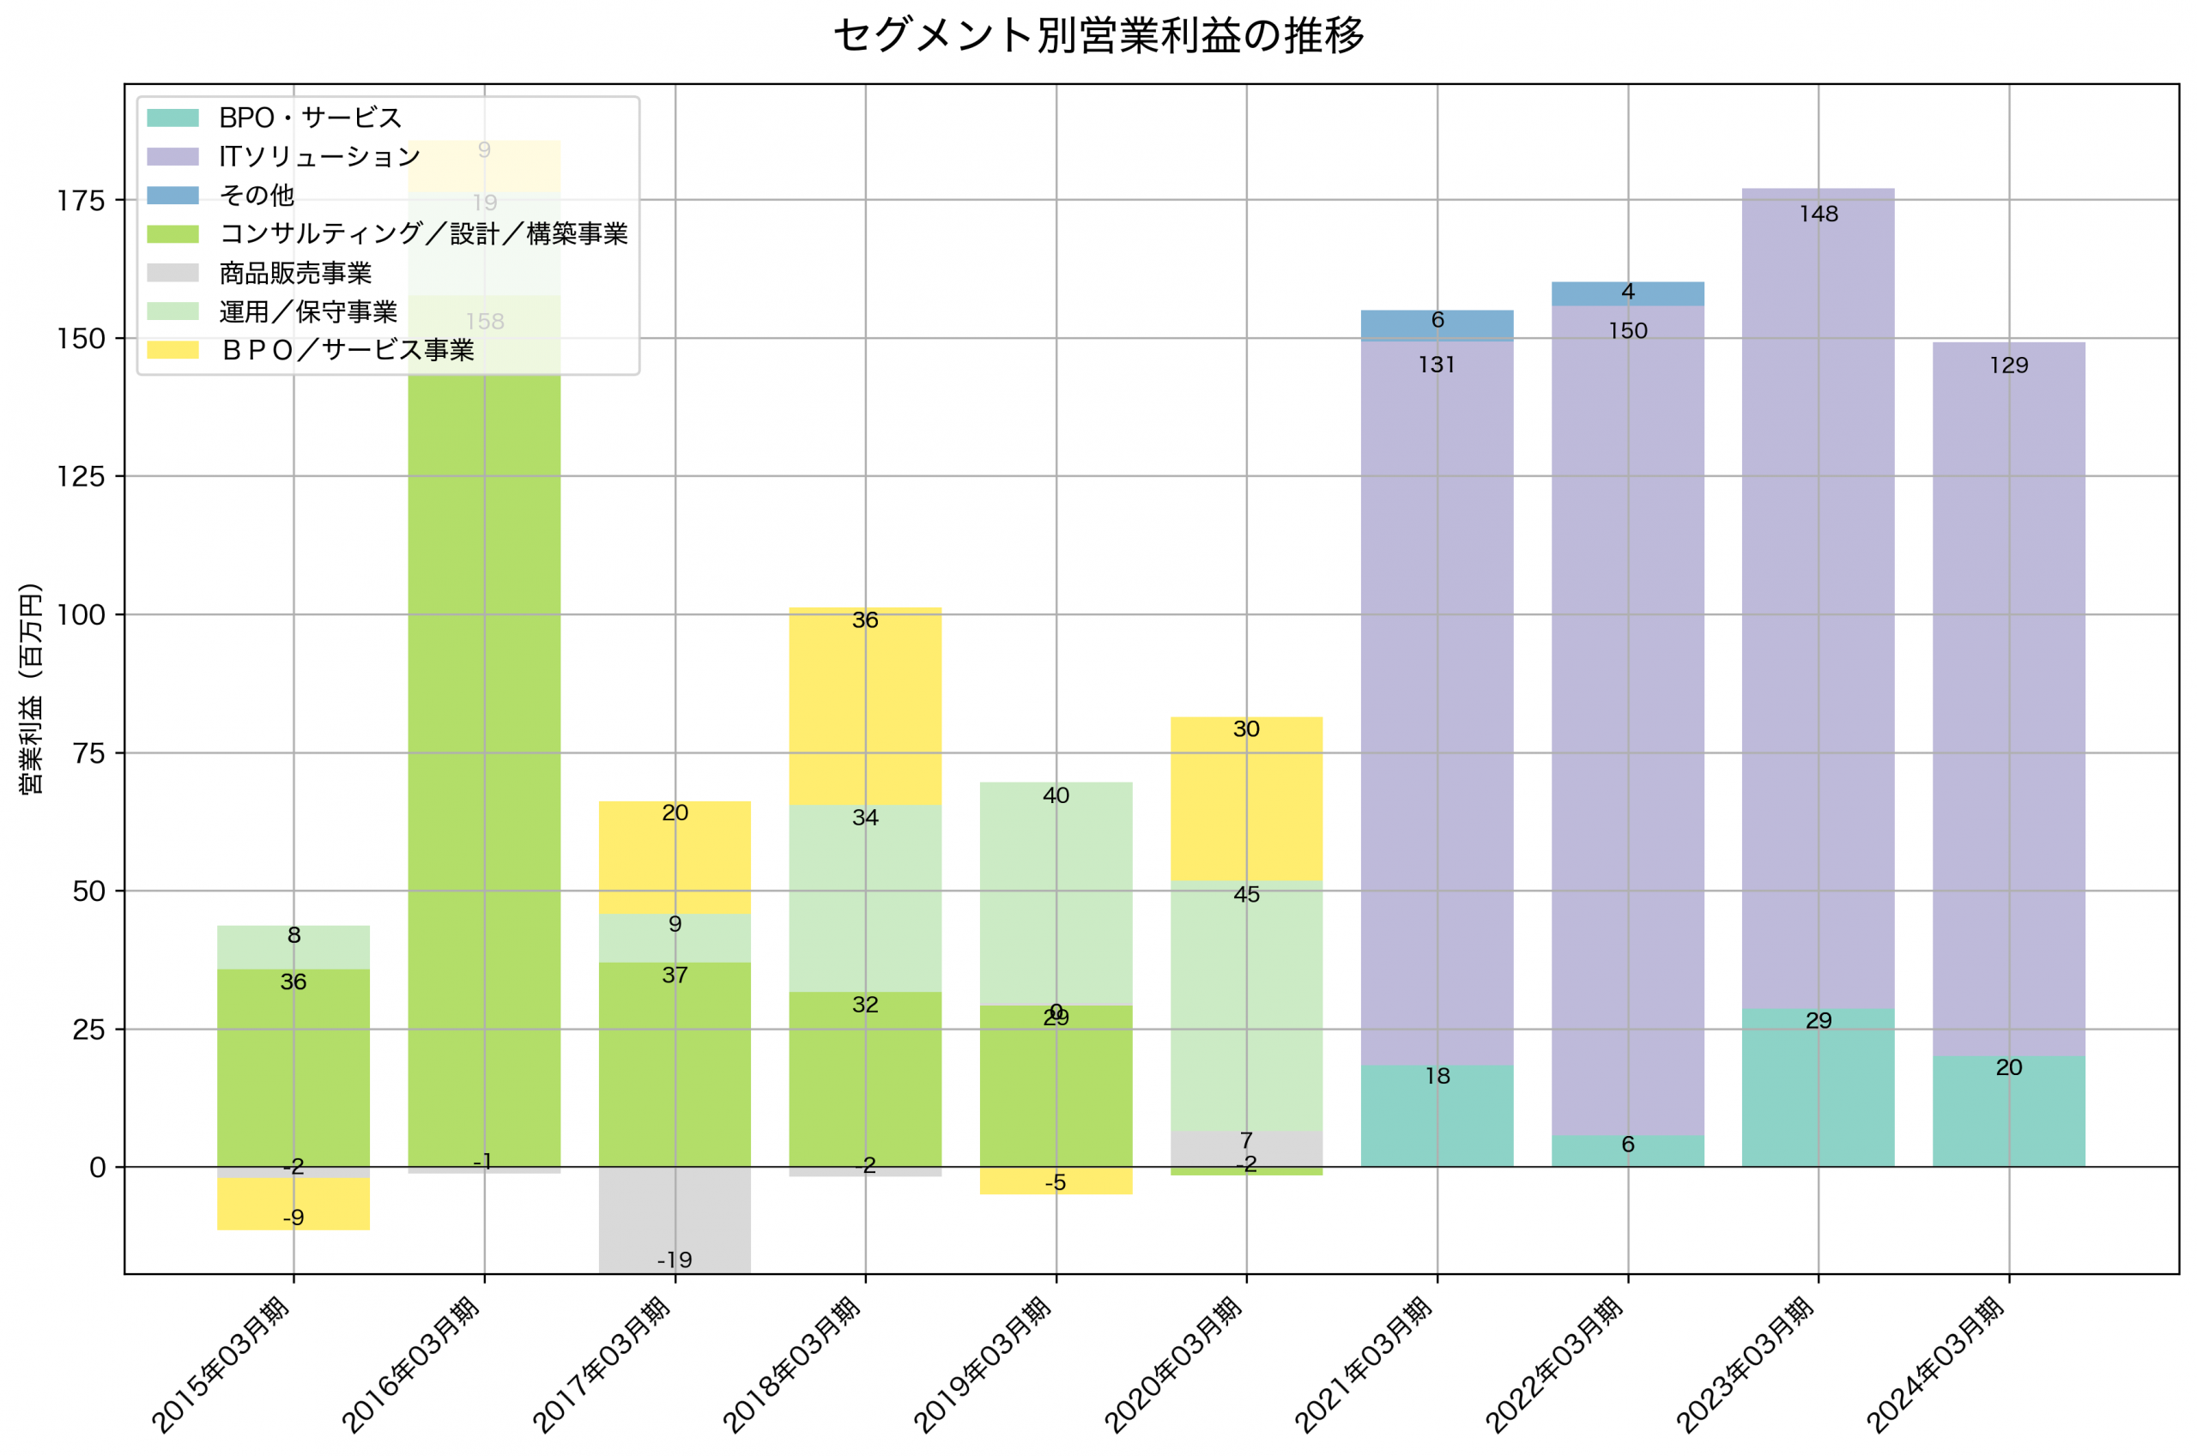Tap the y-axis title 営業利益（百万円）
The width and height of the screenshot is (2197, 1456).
click(x=31, y=688)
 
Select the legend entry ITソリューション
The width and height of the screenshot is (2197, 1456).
click(x=318, y=157)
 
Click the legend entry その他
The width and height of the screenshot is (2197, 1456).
click(x=257, y=195)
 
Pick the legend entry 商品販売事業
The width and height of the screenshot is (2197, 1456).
click(x=295, y=273)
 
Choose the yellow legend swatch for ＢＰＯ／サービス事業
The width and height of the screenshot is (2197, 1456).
click(x=172, y=350)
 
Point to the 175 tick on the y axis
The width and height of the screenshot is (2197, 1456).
click(x=81, y=201)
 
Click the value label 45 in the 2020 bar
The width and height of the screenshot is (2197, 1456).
click(x=1246, y=894)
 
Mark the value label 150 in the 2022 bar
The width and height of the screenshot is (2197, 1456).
click(x=1628, y=331)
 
